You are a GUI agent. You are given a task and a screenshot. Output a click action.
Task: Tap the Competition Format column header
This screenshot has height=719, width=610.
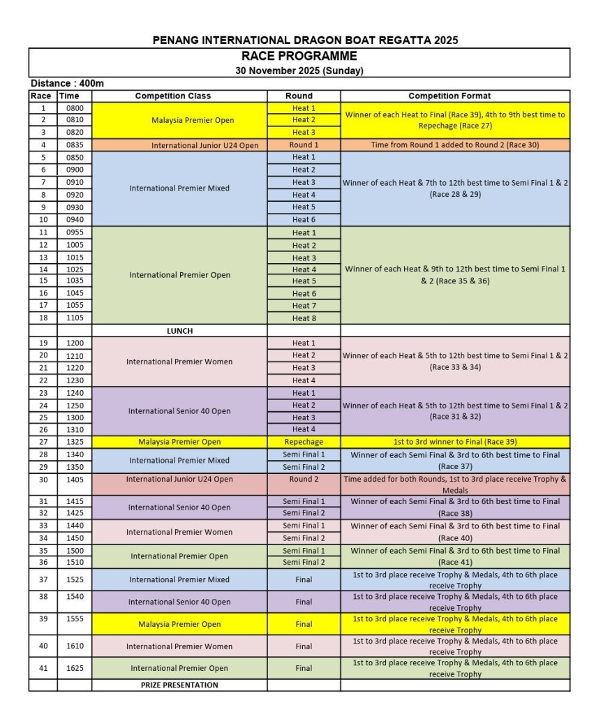click(454, 96)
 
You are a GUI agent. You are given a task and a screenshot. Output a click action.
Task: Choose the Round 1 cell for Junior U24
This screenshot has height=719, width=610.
click(304, 145)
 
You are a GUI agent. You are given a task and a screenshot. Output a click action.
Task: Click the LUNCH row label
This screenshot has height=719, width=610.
click(180, 331)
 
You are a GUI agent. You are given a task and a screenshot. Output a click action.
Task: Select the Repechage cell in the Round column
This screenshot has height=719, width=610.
click(304, 442)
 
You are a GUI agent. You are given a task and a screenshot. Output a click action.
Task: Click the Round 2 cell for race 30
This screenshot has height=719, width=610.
click(304, 480)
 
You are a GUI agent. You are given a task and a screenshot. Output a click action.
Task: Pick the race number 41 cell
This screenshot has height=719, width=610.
click(43, 668)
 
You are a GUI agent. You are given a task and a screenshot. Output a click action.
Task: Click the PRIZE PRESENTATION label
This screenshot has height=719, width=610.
click(180, 685)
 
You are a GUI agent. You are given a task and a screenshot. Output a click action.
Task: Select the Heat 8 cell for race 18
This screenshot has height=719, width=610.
click(304, 318)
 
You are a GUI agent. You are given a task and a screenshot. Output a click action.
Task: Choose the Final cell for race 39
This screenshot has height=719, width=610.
click(304, 624)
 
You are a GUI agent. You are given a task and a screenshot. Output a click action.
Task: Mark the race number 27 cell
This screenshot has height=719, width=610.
click(43, 442)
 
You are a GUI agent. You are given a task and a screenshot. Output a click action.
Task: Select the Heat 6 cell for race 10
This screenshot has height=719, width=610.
click(304, 220)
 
